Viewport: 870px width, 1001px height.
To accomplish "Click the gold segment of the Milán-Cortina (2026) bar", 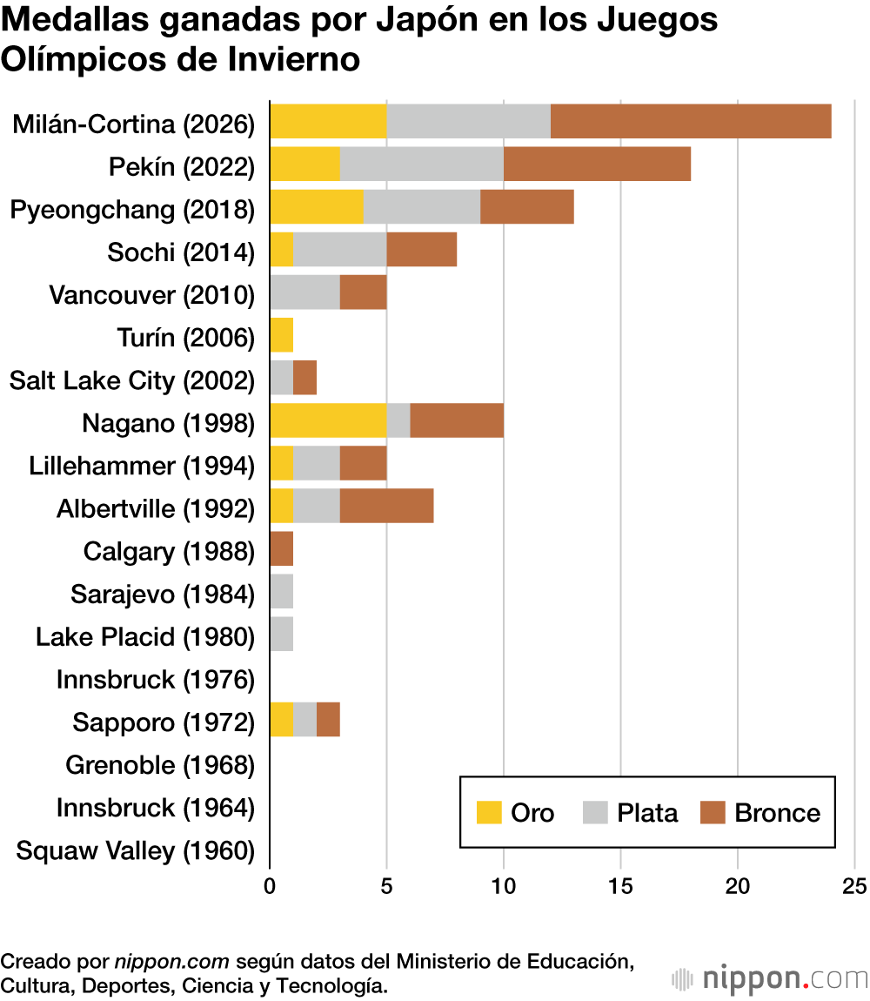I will coord(328,121).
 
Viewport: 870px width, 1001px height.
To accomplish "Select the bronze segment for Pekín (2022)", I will coord(597,164).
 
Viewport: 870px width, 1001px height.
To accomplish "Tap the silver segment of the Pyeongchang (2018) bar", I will coord(421,206).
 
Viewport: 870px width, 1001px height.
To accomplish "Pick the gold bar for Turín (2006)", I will coord(282,335).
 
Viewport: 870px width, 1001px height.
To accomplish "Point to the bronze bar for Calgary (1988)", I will coord(282,549).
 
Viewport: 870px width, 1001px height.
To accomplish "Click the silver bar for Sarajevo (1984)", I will coord(282,592).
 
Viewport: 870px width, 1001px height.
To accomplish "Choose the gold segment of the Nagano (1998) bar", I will coord(328,421).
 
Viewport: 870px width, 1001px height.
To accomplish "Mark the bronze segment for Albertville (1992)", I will coord(386,507).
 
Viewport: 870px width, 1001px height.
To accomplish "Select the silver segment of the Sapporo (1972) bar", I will coord(304,721).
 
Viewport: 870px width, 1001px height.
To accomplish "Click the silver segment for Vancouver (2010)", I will coord(304,292).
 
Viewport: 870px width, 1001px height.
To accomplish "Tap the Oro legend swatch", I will coord(489,812).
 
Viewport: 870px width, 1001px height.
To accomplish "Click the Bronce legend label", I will coord(777,812).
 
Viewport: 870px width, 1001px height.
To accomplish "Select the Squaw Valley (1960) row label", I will coord(135,850).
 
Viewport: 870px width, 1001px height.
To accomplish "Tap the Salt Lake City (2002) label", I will coord(131,380).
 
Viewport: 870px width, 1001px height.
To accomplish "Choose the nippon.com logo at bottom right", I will coord(770,978).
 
